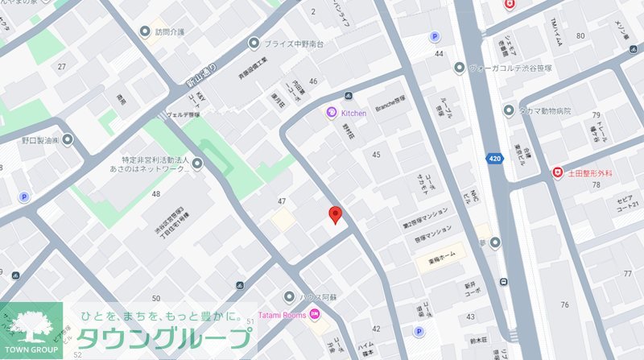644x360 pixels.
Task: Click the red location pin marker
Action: [x=336, y=214]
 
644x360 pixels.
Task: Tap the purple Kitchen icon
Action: [x=330, y=113]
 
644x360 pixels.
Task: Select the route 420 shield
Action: [x=497, y=159]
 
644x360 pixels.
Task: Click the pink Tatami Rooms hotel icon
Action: [x=315, y=314]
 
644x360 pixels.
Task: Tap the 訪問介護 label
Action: [x=170, y=32]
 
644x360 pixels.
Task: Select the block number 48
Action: [x=155, y=193]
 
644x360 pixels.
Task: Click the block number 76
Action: [x=564, y=304]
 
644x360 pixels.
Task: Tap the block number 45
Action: [x=376, y=154]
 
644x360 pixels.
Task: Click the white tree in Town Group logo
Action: [x=31, y=325]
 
